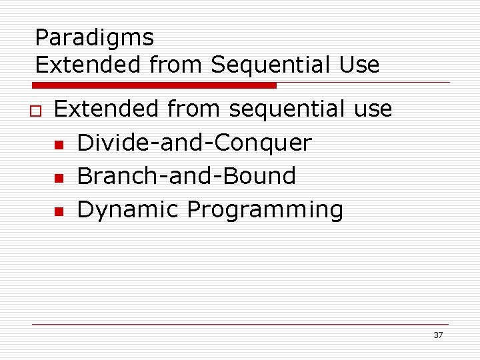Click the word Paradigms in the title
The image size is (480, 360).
coord(94,38)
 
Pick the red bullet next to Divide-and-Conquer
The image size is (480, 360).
coord(59,145)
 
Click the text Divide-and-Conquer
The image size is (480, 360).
coord(194,143)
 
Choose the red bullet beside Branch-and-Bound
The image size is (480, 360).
coord(59,178)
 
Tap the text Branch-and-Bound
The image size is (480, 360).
coord(187,176)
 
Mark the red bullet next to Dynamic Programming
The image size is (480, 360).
coord(59,211)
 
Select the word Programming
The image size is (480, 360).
coord(265,210)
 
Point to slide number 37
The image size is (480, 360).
coord(438,335)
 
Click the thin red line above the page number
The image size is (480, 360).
coord(240,324)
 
